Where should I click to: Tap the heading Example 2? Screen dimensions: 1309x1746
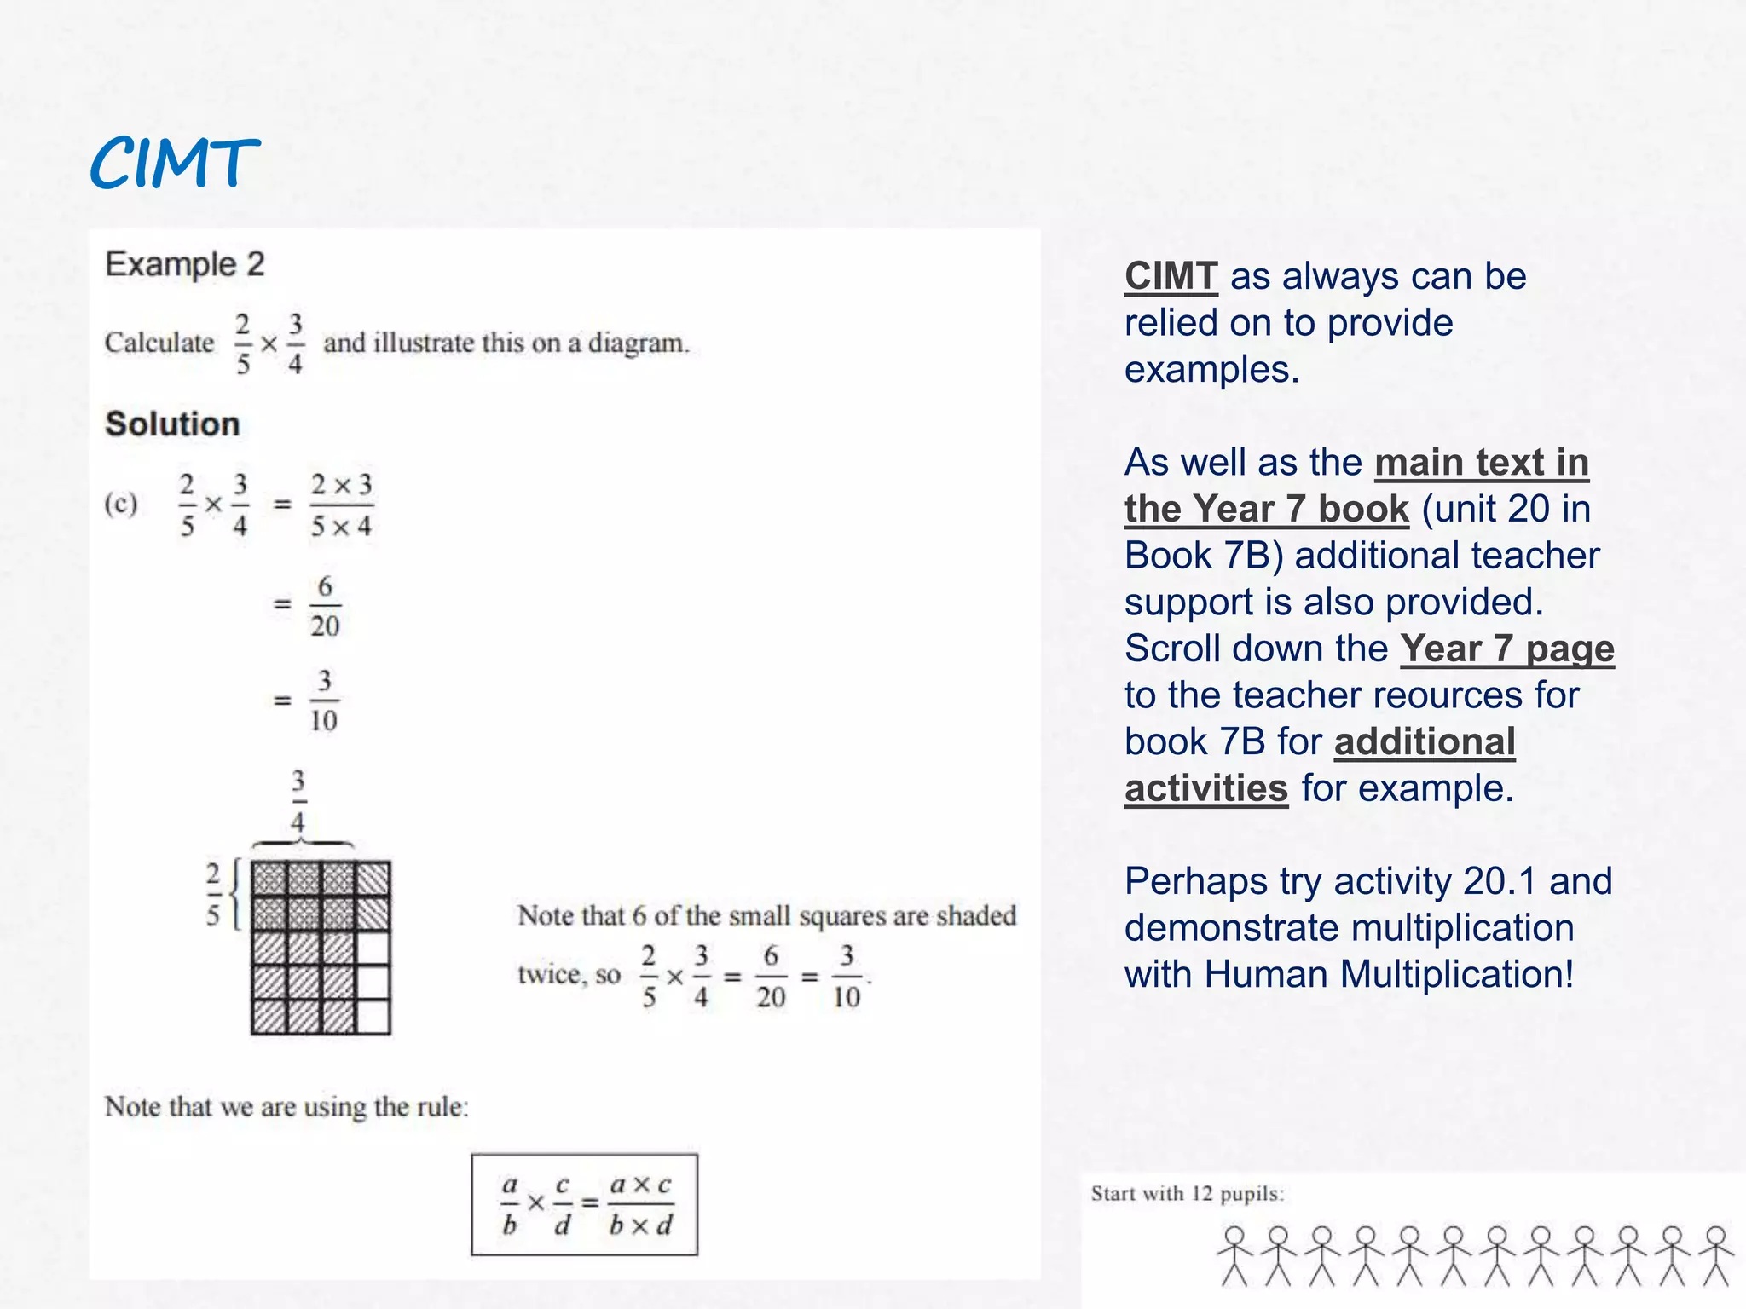pyautogui.click(x=184, y=264)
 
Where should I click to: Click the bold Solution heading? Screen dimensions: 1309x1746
pyautogui.click(x=172, y=424)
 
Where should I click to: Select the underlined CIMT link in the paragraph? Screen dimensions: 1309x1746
pyautogui.click(x=1171, y=276)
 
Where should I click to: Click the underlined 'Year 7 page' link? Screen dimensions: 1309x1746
pyautogui.click(x=1506, y=649)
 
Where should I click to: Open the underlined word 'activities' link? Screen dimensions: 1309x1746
pyautogui.click(x=1205, y=788)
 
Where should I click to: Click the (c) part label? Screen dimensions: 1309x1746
pyautogui.click(x=121, y=504)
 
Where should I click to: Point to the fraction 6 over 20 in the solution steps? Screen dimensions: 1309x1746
pyautogui.click(x=325, y=606)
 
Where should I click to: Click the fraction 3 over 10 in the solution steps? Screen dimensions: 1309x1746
pyautogui.click(x=324, y=701)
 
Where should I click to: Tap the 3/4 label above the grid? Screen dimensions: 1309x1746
pyautogui.click(x=298, y=801)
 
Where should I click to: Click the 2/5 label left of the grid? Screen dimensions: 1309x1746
pyautogui.click(x=213, y=893)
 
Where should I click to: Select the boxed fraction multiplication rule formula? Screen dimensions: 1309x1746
pyautogui.click(x=585, y=1204)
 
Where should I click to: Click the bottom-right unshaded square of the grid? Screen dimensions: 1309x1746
pyautogui.click(x=373, y=1017)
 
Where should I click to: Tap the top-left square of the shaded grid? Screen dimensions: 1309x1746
pyautogui.click(x=269, y=879)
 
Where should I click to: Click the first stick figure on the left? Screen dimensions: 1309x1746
pyautogui.click(x=1234, y=1255)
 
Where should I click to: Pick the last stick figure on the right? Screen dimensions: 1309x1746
pyautogui.click(x=1715, y=1255)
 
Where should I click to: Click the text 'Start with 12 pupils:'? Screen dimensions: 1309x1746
pyautogui.click(x=1187, y=1193)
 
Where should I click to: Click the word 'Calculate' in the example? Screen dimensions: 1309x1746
pyautogui.click(x=159, y=343)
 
